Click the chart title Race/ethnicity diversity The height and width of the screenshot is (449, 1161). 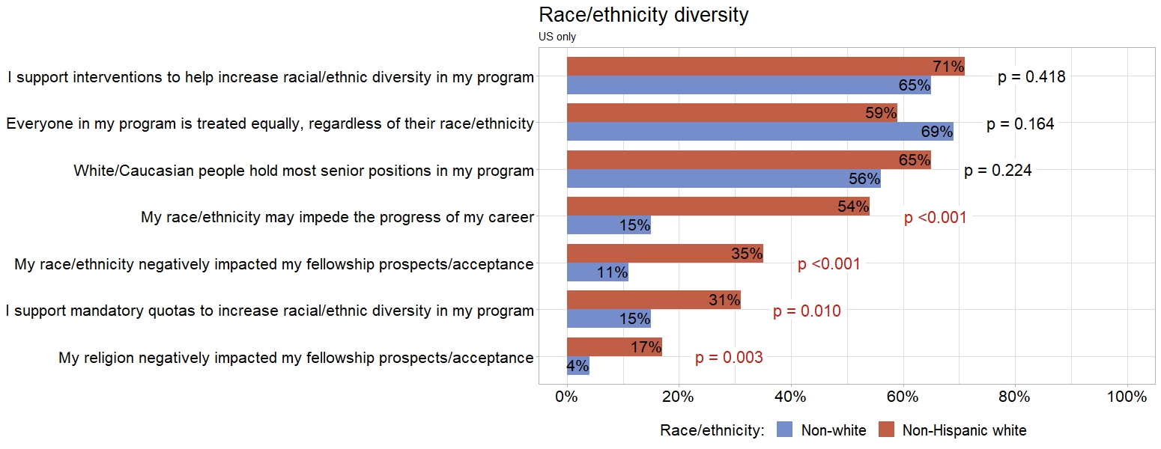point(643,15)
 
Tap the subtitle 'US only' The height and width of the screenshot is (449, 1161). point(557,37)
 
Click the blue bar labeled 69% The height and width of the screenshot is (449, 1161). point(760,132)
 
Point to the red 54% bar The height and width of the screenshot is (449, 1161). point(718,207)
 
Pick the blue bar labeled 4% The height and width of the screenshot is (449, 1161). point(578,366)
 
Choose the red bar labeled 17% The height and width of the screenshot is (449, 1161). point(614,347)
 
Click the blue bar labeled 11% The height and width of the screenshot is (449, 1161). point(597,272)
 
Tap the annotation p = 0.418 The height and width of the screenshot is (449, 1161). point(1031,76)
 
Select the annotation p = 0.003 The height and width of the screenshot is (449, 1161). point(729,358)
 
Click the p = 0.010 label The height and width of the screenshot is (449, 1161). point(807,311)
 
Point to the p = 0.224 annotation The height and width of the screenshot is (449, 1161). point(998,171)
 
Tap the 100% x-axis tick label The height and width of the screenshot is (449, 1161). point(1127,397)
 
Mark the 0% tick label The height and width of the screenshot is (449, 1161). point(567,397)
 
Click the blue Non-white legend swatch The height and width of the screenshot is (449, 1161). point(784,430)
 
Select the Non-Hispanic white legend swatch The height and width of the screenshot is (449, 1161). point(886,430)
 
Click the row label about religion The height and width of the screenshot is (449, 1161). point(296,358)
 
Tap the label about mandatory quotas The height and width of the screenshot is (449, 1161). point(270,311)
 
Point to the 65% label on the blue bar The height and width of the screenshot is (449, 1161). point(914,85)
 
